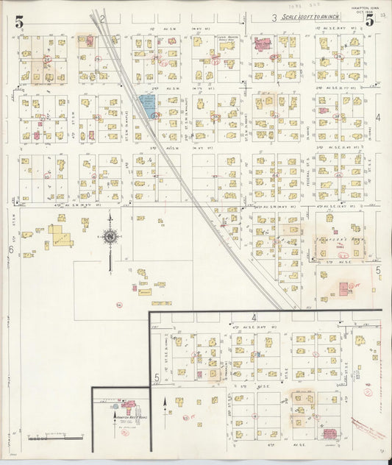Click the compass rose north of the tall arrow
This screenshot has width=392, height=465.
coord(110,237)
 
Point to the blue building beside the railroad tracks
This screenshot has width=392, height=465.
coord(147,105)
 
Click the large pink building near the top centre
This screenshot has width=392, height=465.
coord(263,46)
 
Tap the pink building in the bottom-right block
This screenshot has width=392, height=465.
coord(329,434)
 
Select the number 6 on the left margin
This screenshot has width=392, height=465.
coord(11,249)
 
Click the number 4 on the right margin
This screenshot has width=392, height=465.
coord(378,117)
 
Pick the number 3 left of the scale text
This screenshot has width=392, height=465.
coord(273,18)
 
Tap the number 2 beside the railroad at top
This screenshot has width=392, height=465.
coord(104,18)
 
